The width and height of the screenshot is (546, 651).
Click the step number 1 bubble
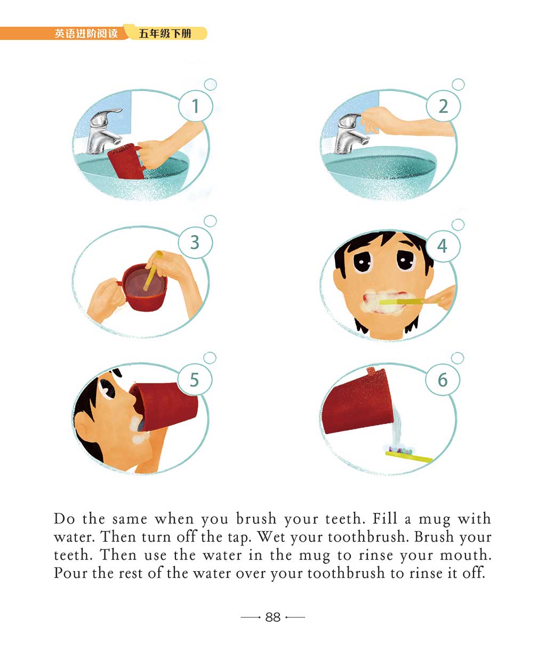click(196, 106)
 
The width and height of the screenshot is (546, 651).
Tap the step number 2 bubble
click(443, 106)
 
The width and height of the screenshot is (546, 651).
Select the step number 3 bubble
click(195, 242)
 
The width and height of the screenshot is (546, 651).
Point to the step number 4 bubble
click(443, 246)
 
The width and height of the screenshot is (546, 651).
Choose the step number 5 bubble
click(195, 379)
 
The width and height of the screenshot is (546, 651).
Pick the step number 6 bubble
click(443, 380)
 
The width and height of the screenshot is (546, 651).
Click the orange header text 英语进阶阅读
click(86, 34)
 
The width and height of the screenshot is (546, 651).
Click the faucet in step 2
click(351, 133)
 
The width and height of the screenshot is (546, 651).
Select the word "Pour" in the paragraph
click(70, 573)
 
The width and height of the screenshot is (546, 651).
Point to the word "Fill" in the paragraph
click(385, 518)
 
